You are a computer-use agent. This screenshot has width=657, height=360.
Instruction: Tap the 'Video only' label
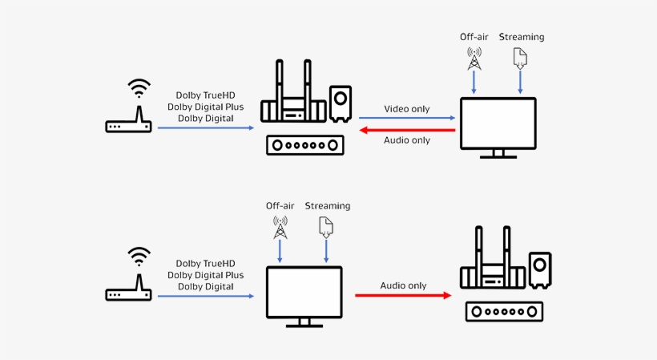pyautogui.click(x=407, y=108)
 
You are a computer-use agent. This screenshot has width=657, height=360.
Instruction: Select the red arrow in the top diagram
pyautogui.click(x=407, y=128)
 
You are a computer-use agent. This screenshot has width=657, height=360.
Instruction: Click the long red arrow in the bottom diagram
pyautogui.click(x=403, y=296)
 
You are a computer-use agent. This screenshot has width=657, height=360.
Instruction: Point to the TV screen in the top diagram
pyautogui.click(x=498, y=123)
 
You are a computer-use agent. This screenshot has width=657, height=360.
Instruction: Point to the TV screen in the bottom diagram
pyautogui.click(x=304, y=292)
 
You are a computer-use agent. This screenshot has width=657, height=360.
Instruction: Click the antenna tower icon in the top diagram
pyautogui.click(x=474, y=59)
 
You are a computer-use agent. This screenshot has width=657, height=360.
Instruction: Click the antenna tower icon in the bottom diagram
pyautogui.click(x=280, y=227)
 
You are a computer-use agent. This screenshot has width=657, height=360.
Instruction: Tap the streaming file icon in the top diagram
pyautogui.click(x=521, y=58)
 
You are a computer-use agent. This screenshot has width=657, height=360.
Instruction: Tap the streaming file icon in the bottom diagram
pyautogui.click(x=326, y=226)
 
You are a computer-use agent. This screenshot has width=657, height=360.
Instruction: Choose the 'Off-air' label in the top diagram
pyautogui.click(x=474, y=37)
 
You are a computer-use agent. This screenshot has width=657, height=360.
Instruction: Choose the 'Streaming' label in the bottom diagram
pyautogui.click(x=328, y=206)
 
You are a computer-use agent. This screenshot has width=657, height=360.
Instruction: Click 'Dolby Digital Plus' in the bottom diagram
pyautogui.click(x=206, y=275)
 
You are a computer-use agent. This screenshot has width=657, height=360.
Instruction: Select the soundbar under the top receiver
pyautogui.click(x=304, y=145)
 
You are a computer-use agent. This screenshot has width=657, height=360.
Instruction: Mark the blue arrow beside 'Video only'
pyautogui.click(x=407, y=118)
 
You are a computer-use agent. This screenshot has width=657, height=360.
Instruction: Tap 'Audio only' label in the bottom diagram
pyautogui.click(x=402, y=285)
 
